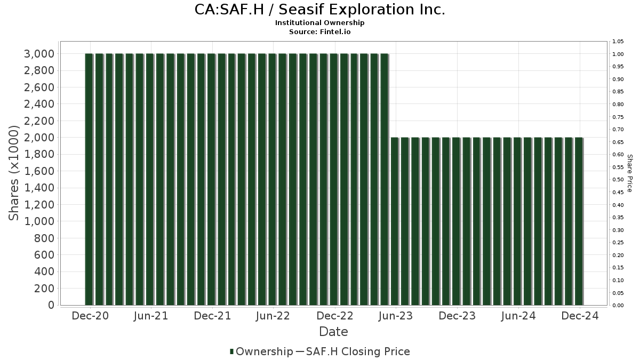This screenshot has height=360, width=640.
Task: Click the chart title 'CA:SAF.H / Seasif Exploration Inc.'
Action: tap(319, 10)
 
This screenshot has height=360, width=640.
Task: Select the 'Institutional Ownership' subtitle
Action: tap(319, 23)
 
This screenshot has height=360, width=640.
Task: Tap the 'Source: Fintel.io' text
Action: tap(319, 32)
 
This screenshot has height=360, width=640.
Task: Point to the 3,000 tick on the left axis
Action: tap(39, 54)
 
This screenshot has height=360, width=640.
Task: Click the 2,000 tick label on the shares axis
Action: tap(39, 138)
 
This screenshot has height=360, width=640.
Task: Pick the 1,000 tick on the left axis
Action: tap(39, 221)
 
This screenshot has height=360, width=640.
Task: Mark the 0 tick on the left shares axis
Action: tap(51, 305)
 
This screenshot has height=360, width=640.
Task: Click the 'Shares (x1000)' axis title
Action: tap(14, 173)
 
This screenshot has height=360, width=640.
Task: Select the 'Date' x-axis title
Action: tap(333, 332)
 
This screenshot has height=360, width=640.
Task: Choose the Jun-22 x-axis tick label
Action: tap(273, 316)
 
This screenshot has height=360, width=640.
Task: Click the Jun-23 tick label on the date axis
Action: tap(395, 316)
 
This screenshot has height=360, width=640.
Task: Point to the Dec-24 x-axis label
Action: tap(580, 316)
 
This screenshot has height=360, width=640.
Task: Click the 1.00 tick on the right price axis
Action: tap(618, 54)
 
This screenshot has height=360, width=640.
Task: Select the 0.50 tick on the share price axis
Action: tap(618, 180)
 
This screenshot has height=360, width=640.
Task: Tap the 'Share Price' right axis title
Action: tap(630, 173)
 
